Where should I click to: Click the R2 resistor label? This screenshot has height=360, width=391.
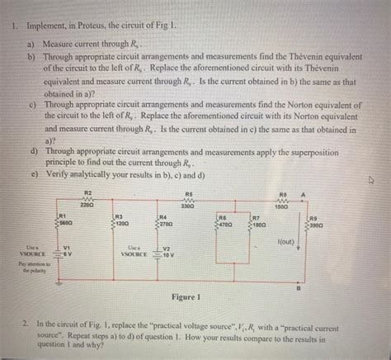point(88,192)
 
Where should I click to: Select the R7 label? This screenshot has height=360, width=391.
point(257,216)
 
